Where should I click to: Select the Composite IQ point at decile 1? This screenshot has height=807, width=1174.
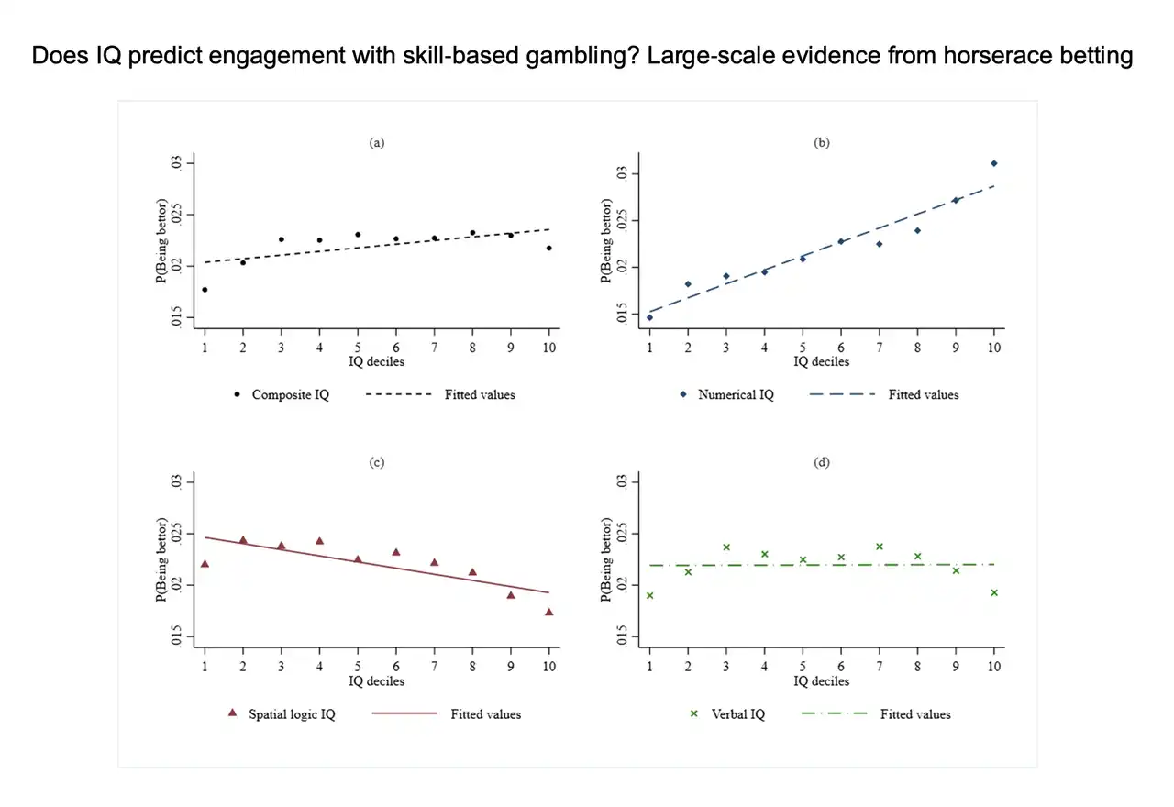(205, 290)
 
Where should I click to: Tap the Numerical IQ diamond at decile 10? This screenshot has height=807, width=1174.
(993, 163)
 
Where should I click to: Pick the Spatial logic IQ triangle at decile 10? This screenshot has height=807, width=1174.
(548, 612)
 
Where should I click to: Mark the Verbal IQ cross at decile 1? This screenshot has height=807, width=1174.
(649, 595)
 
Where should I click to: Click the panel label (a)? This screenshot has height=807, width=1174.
(376, 142)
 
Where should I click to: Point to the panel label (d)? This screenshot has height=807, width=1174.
(822, 462)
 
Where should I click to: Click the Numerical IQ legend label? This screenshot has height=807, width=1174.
(736, 395)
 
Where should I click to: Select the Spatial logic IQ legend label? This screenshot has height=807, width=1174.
(292, 713)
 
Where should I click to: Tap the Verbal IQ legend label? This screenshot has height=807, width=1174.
(738, 713)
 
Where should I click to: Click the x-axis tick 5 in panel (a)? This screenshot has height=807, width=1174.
(358, 348)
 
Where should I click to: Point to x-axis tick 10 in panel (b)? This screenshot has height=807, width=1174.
(993, 348)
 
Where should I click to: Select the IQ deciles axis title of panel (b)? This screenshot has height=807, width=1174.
(822, 361)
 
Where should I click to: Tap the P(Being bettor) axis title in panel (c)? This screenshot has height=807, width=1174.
(162, 559)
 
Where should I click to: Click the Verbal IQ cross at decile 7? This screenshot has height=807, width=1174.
(879, 547)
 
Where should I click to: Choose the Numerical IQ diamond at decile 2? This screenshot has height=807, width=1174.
(688, 284)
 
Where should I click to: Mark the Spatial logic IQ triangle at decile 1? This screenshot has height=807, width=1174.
(205, 563)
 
